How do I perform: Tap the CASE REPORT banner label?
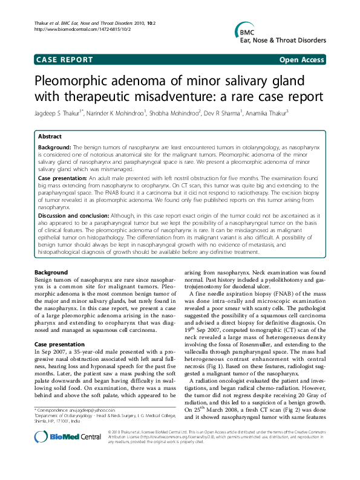(x=65, y=60)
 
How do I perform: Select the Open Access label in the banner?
(x=300, y=60)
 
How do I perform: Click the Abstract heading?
(x=51, y=137)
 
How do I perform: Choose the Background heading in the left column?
(x=51, y=273)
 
